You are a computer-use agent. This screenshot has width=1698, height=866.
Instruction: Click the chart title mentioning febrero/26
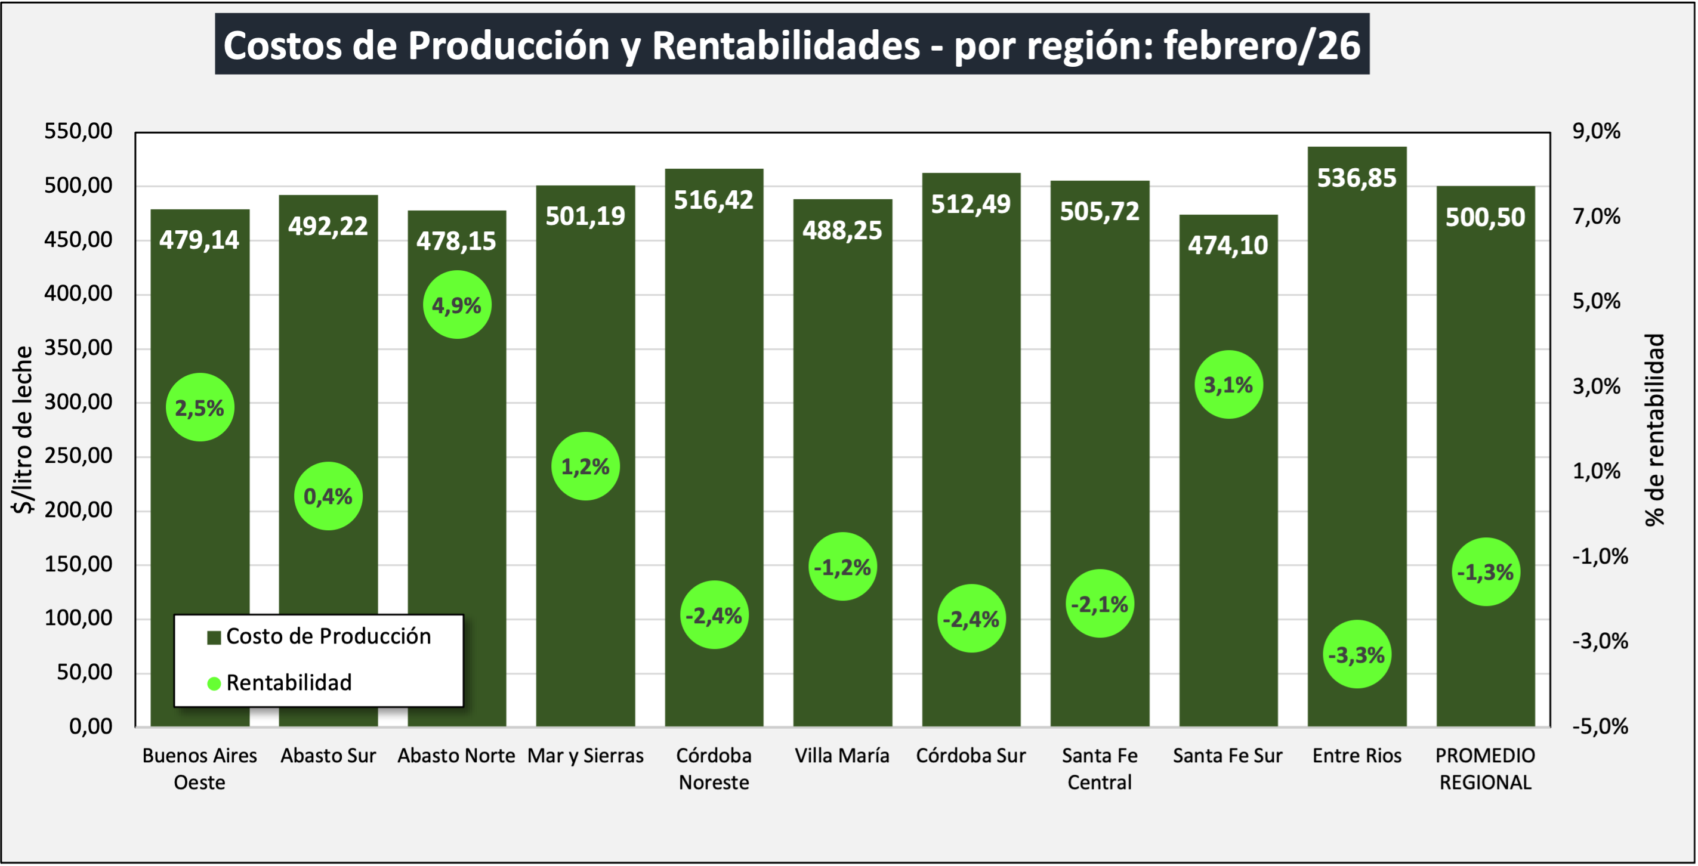(x=792, y=45)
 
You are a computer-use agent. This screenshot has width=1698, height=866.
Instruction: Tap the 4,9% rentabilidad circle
(x=457, y=305)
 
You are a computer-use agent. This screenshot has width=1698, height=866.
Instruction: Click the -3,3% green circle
(x=1357, y=654)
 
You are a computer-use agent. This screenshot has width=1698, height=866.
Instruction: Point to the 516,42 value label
(x=713, y=200)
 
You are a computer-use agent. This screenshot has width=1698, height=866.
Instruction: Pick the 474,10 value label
(x=1227, y=245)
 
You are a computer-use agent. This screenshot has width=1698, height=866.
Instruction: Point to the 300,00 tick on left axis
(x=78, y=401)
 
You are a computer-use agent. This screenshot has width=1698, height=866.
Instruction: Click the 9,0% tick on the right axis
(x=1596, y=131)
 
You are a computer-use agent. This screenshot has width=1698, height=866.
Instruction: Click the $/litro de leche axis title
(x=23, y=429)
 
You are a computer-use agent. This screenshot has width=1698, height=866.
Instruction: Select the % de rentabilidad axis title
(x=1654, y=429)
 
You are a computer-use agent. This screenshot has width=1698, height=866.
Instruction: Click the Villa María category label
(x=842, y=755)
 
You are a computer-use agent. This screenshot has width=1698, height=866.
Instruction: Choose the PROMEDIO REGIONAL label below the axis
(x=1485, y=768)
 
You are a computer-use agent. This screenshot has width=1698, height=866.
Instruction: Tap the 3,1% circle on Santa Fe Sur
(x=1228, y=384)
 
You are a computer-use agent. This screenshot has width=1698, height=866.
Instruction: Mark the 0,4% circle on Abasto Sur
(x=328, y=496)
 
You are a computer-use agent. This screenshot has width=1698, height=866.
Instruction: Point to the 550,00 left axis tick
(x=78, y=131)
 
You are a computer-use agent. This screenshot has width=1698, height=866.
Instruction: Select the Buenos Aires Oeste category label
(x=200, y=768)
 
